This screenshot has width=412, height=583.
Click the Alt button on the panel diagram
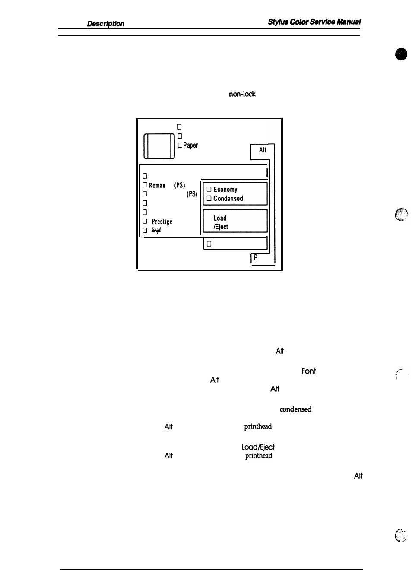262,151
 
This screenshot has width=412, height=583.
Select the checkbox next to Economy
209,190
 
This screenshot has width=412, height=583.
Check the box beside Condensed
209,199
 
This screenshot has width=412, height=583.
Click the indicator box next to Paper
180,146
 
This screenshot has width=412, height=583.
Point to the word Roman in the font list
157,186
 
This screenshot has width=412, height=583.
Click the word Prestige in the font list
162,222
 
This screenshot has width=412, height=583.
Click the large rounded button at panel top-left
159,146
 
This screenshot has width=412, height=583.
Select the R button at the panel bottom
256,258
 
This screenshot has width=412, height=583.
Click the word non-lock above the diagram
242,94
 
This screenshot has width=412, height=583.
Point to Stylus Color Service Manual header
314,22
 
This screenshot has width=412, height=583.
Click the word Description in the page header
105,24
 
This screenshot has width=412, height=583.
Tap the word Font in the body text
308,371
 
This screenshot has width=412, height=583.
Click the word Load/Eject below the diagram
258,447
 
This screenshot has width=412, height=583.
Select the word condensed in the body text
295,409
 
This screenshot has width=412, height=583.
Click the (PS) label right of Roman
179,185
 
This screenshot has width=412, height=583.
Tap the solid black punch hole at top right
401,55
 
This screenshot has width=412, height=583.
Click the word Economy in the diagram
225,190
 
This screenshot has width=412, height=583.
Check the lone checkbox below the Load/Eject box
209,244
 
